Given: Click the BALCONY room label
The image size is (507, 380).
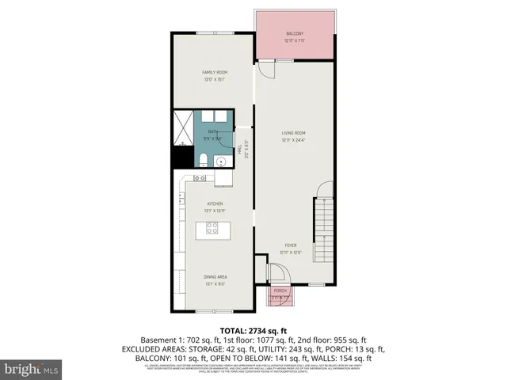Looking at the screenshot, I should click(294, 33).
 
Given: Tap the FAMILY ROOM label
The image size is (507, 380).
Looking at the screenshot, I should click(215, 72).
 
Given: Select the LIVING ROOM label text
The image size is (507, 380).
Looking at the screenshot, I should click(294, 133).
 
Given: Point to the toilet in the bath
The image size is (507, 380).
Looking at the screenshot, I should click(203, 161).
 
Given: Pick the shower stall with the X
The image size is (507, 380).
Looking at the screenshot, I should click(183, 125).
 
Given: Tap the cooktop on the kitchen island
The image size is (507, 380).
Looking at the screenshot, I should click(212, 229).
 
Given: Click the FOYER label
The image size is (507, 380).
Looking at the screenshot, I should click(291, 246).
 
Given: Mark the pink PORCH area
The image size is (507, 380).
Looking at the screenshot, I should click(280, 294).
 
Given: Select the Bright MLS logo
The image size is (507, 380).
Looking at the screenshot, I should click(32, 369).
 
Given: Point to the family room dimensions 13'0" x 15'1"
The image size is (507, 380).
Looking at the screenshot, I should click(215, 79).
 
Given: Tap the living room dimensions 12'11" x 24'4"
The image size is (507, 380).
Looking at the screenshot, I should click(294, 140).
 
